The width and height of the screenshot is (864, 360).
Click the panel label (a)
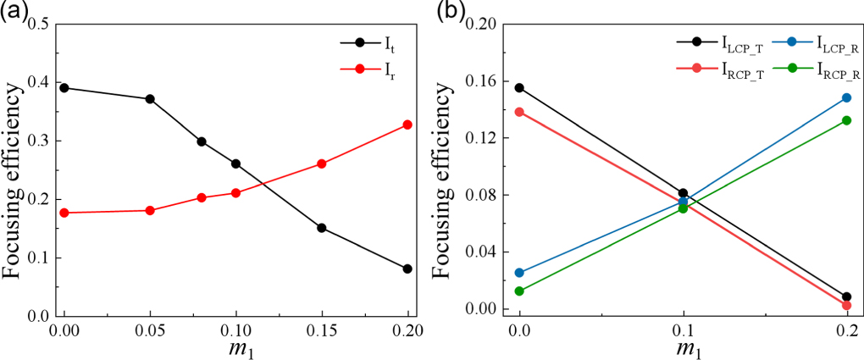click(x=17, y=11)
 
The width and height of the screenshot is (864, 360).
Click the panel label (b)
click(x=449, y=11)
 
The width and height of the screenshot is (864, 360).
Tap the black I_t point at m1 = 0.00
click(x=64, y=87)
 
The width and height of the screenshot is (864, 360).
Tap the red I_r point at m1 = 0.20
click(x=407, y=125)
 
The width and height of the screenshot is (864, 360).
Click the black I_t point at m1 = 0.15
click(x=322, y=228)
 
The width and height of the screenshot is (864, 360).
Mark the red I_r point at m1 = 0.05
click(x=150, y=210)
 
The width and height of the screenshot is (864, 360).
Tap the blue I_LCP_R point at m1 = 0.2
click(x=846, y=97)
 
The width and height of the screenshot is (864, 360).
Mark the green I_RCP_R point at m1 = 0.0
click(x=519, y=291)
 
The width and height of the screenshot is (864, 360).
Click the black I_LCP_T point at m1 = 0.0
click(x=519, y=87)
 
